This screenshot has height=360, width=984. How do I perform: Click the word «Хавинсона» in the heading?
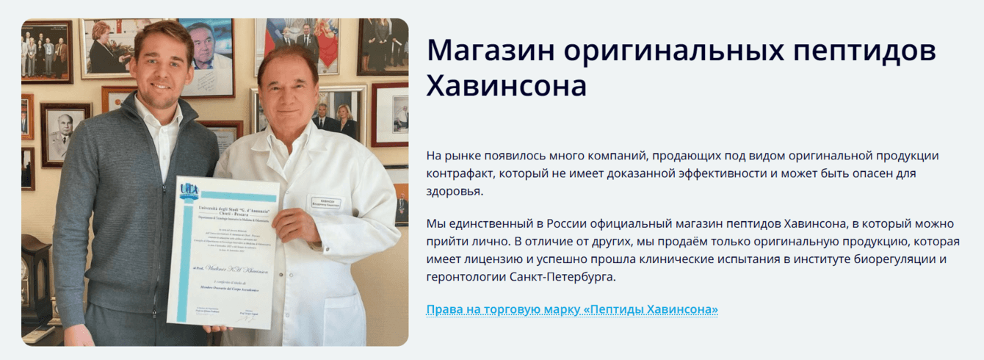pyautogui.click(x=507, y=86)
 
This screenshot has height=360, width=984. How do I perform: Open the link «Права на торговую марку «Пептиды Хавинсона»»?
pyautogui.click(x=571, y=309)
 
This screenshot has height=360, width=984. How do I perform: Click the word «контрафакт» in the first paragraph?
pyautogui.click(x=463, y=174)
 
